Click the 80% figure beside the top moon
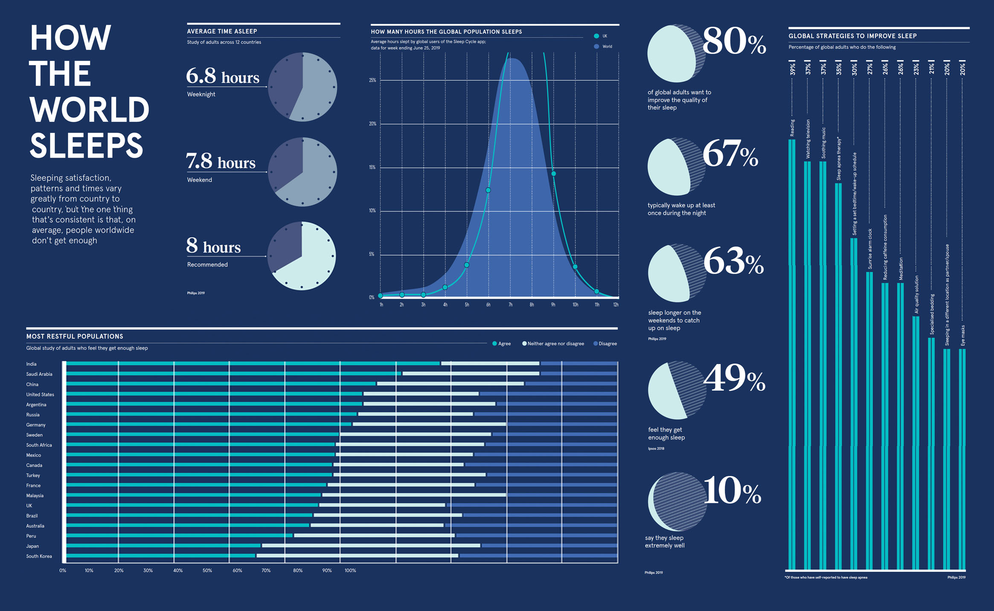point(734,41)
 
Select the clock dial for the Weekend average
point(302,172)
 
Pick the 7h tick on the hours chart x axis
point(510,305)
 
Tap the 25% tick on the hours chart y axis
point(372,80)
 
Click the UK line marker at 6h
point(488,190)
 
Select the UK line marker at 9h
point(553,174)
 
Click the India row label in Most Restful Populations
point(31,364)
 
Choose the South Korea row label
point(39,556)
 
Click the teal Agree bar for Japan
point(163,546)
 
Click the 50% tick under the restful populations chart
point(207,570)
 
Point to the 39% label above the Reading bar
point(792,69)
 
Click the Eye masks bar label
point(962,336)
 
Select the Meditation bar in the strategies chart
point(900,426)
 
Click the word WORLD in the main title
point(89,109)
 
